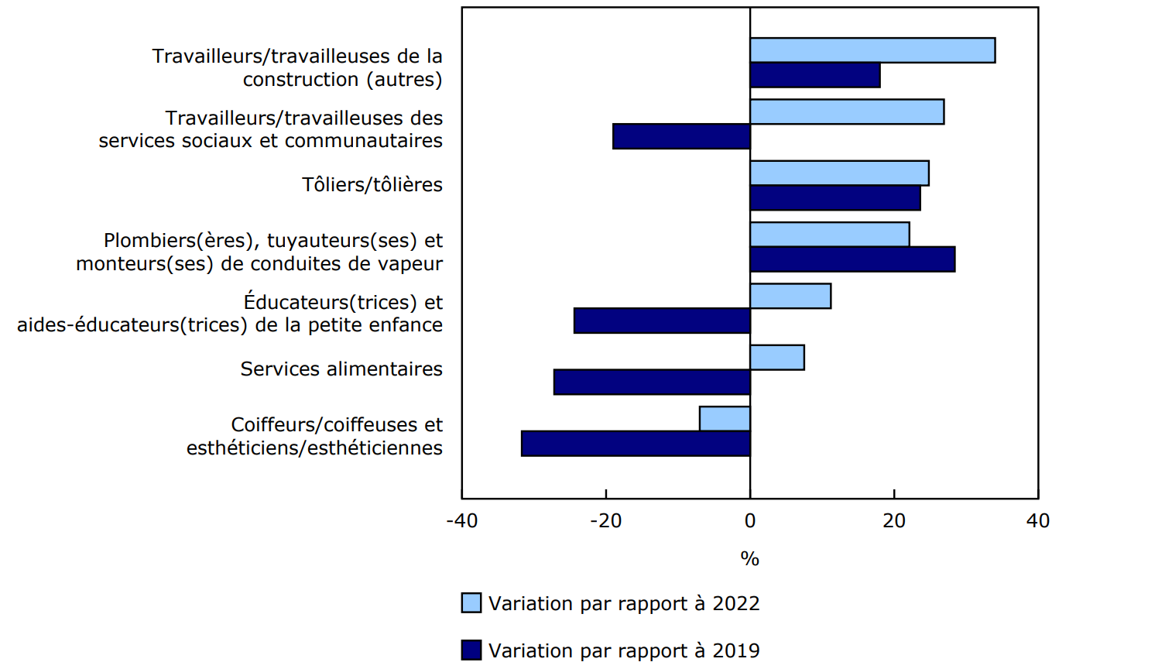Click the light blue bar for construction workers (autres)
tap(872, 50)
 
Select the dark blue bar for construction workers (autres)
tap(815, 75)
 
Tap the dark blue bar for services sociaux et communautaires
tap(681, 136)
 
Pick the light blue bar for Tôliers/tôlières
tap(839, 173)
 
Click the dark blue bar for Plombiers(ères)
tap(852, 259)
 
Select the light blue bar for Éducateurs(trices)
tap(790, 296)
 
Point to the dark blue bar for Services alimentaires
tap(652, 383)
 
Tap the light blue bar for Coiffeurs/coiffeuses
tap(725, 419)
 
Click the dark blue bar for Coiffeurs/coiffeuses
tap(636, 444)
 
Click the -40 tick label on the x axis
tap(462, 521)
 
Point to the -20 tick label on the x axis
tap(606, 521)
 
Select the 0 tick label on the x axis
tap(750, 521)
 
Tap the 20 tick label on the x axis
tap(894, 521)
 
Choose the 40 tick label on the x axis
tap(1038, 521)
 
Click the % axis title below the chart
tap(749, 558)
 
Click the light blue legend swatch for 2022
tap(471, 603)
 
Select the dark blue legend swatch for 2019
tap(471, 650)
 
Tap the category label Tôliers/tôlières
tap(372, 185)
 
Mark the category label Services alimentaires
tap(341, 369)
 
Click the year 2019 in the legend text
tap(736, 650)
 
